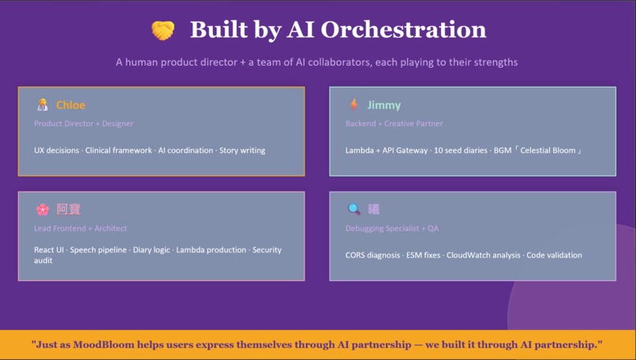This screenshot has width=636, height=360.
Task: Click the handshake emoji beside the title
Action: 163,31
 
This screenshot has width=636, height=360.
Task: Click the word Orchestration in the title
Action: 403,30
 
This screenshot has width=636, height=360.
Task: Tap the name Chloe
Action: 70,105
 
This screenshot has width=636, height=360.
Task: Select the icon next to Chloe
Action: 42,105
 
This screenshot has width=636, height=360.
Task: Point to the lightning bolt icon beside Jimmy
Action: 354,105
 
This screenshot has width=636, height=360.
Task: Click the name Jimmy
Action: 383,106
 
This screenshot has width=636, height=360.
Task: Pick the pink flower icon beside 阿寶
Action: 43,209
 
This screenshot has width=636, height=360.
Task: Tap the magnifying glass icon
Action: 354,209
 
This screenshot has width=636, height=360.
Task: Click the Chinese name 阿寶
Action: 69,209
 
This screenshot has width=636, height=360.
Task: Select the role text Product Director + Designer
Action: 84,123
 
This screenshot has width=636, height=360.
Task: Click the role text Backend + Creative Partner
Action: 394,123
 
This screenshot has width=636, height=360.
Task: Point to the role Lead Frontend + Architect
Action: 80,228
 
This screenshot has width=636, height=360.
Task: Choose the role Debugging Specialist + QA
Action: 392,228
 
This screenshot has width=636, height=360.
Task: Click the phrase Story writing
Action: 242,150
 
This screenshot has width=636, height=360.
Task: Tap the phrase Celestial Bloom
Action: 548,150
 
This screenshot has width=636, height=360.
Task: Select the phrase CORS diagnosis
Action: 372,255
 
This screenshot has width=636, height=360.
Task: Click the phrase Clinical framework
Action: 118,150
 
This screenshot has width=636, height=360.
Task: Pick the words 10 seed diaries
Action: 460,150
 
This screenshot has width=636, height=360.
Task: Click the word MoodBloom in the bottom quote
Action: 103,344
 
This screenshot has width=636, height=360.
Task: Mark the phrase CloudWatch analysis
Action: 483,255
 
